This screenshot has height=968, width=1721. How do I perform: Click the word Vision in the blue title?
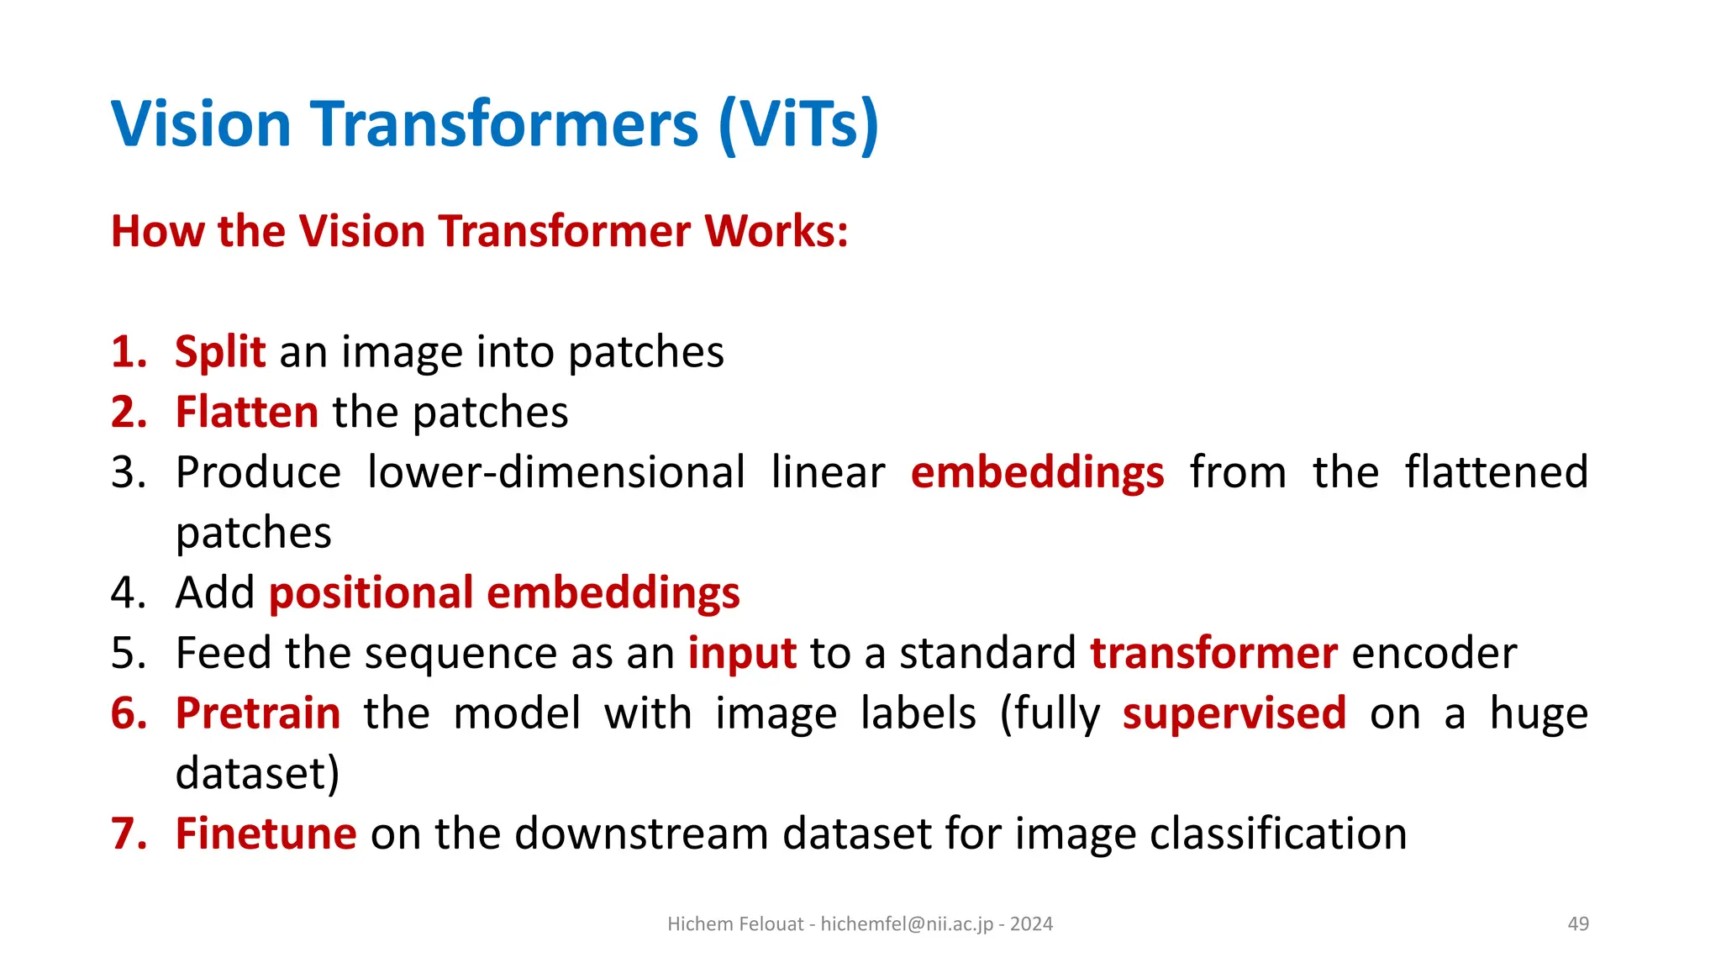pyautogui.click(x=201, y=124)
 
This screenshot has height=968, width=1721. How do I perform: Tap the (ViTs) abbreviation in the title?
pyautogui.click(x=798, y=124)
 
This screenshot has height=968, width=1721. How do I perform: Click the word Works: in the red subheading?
pyautogui.click(x=776, y=231)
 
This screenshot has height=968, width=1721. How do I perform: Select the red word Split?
pyautogui.click(x=220, y=352)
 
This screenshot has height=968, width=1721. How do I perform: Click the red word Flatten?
pyautogui.click(x=246, y=413)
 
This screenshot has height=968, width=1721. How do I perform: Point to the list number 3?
pyautogui.click(x=129, y=472)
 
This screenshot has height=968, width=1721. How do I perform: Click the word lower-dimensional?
pyautogui.click(x=555, y=472)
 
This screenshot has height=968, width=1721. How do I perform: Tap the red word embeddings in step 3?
pyautogui.click(x=1037, y=472)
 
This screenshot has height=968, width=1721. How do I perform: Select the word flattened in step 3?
pyautogui.click(x=1496, y=472)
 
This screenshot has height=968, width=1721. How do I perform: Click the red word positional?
pyautogui.click(x=371, y=593)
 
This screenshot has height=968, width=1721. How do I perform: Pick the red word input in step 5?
pyautogui.click(x=742, y=654)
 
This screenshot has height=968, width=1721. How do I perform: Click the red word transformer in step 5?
pyautogui.click(x=1213, y=654)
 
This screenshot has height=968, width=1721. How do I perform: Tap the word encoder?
pyautogui.click(x=1434, y=654)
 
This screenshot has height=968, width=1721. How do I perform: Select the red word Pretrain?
pyautogui.click(x=258, y=714)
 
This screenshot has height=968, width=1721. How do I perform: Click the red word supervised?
pyautogui.click(x=1234, y=714)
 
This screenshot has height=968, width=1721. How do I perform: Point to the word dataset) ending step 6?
pyautogui.click(x=257, y=774)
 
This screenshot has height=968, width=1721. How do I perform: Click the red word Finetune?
pyautogui.click(x=266, y=834)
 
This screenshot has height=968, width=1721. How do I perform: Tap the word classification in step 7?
pyautogui.click(x=1277, y=834)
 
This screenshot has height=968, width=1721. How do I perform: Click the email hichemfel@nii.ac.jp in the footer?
pyautogui.click(x=907, y=924)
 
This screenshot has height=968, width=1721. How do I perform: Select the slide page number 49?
pyautogui.click(x=1578, y=924)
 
